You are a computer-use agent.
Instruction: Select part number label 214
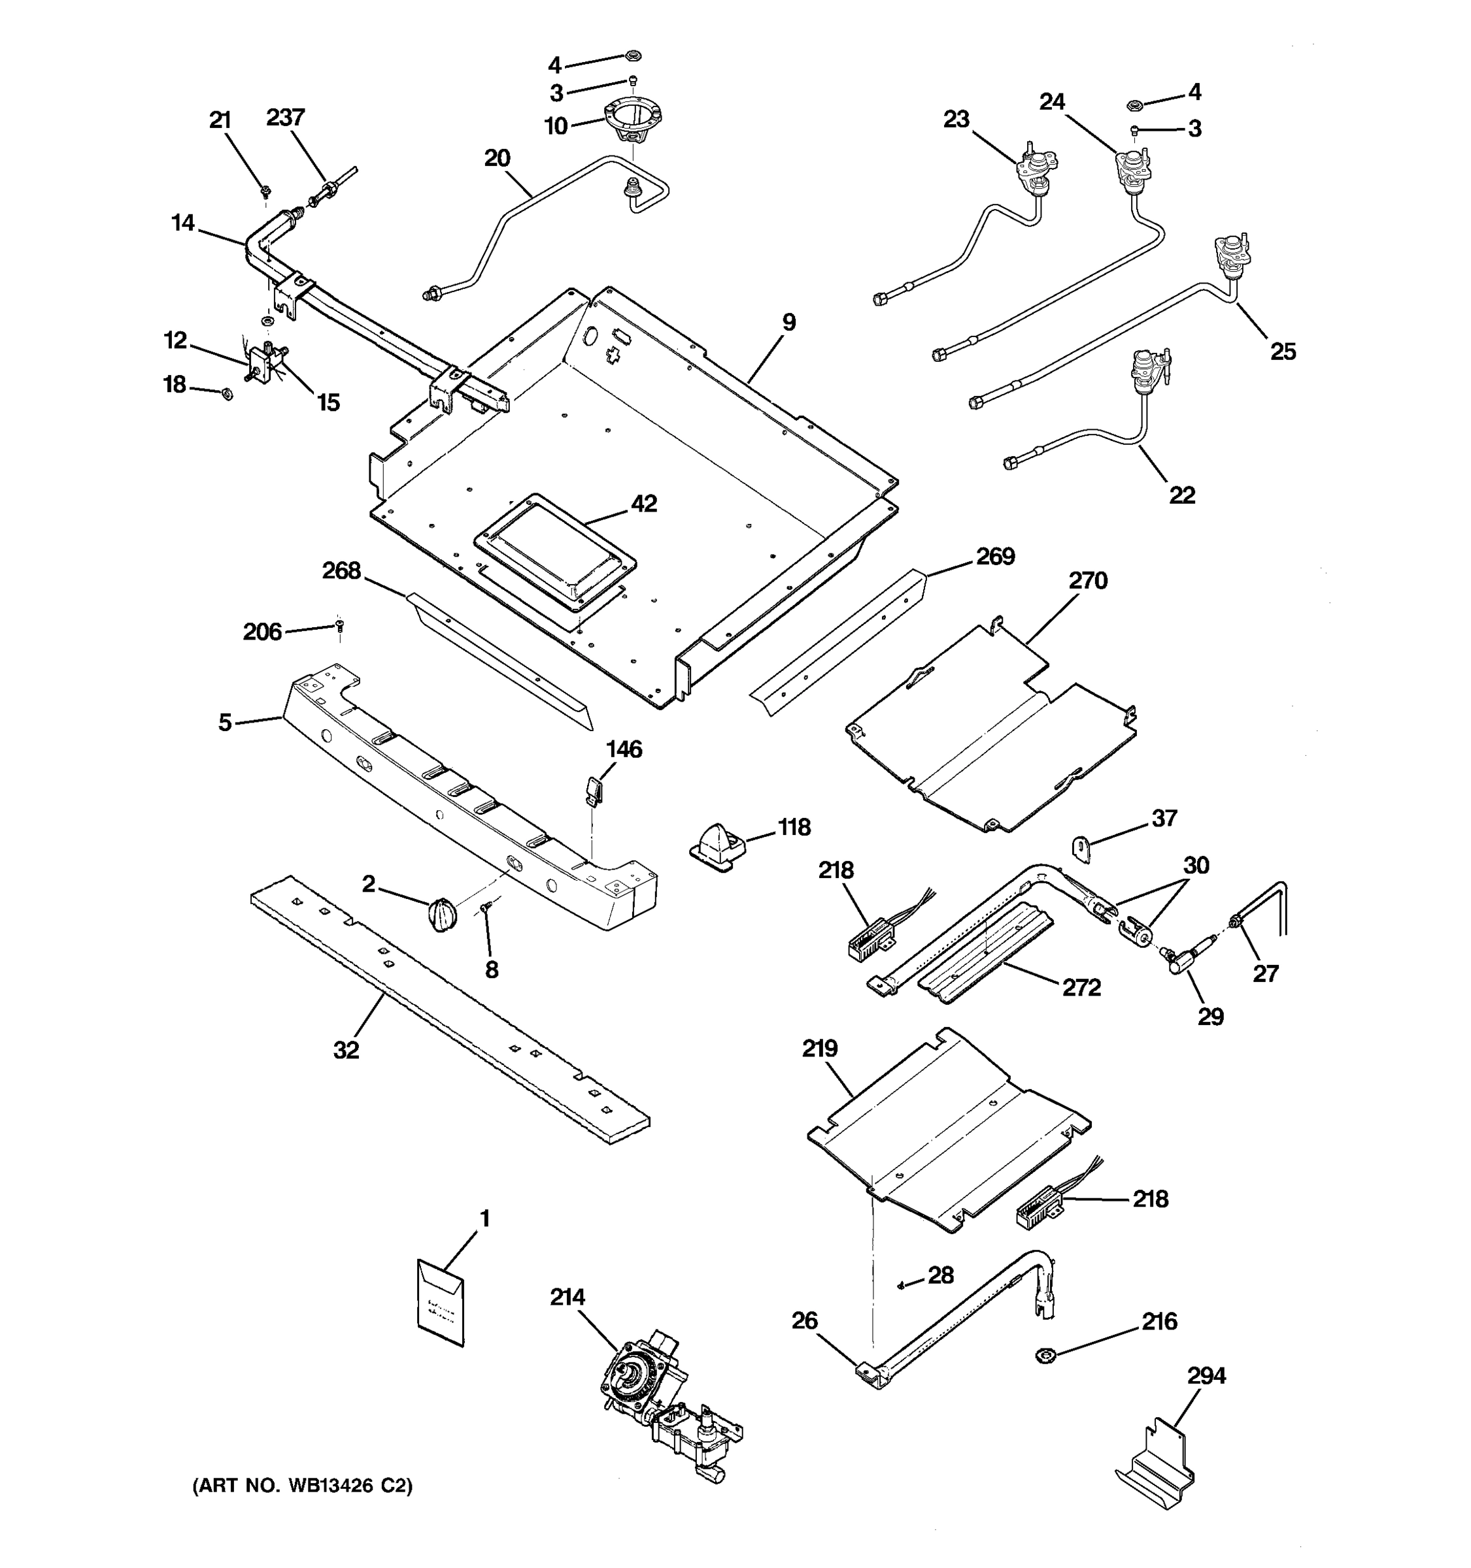(x=567, y=1297)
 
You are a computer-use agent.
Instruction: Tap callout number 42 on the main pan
(x=644, y=503)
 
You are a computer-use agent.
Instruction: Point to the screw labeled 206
(x=340, y=625)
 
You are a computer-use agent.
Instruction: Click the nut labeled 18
(x=224, y=393)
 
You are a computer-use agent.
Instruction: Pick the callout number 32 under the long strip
(x=346, y=1050)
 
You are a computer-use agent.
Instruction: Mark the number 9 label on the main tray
(x=788, y=322)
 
